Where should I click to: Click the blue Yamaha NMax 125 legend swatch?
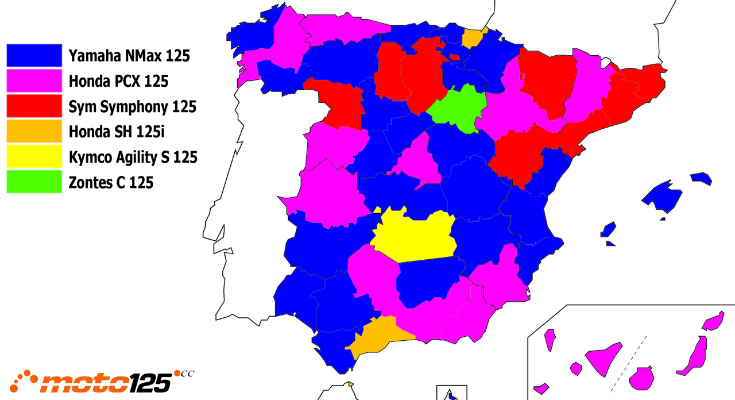[34, 56]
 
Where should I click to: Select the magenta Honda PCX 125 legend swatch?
[34, 81]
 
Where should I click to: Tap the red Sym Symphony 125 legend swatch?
[34, 106]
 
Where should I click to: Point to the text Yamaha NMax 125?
[129, 56]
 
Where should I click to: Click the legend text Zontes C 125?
[111, 183]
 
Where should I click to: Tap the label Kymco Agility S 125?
[133, 157]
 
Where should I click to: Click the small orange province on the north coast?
[472, 39]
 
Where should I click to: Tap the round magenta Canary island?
[642, 378]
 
